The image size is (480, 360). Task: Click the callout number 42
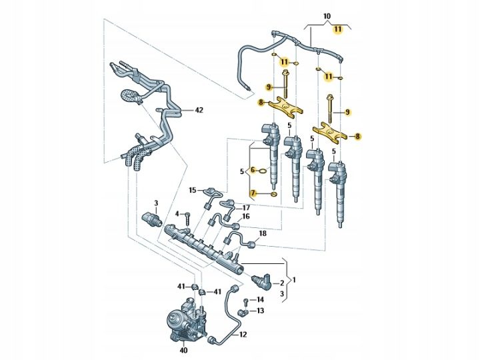pyautogui.click(x=199, y=109)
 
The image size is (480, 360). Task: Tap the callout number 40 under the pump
pyautogui.click(x=184, y=350)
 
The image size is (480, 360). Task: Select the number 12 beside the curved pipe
pyautogui.click(x=243, y=335)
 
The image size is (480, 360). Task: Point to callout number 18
pyautogui.click(x=263, y=233)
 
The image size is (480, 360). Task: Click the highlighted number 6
pyautogui.click(x=253, y=169)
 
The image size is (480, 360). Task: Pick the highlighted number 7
pyautogui.click(x=253, y=193)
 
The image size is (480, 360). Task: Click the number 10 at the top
pyautogui.click(x=327, y=16)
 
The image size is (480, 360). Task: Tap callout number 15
pyautogui.click(x=192, y=191)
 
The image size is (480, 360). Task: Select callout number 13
pyautogui.click(x=260, y=311)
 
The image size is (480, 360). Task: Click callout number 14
pyautogui.click(x=260, y=299)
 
